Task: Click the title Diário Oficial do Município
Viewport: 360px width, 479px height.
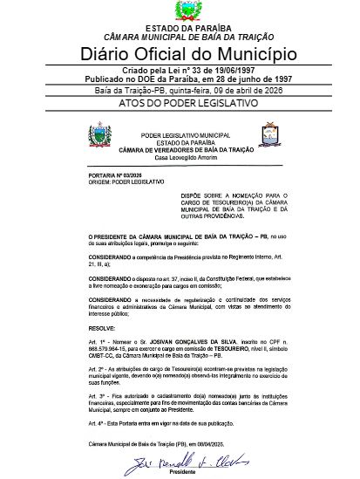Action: pos(179,53)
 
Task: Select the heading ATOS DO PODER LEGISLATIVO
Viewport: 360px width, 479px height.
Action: pos(180,103)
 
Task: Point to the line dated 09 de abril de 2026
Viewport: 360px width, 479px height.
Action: pos(180,89)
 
